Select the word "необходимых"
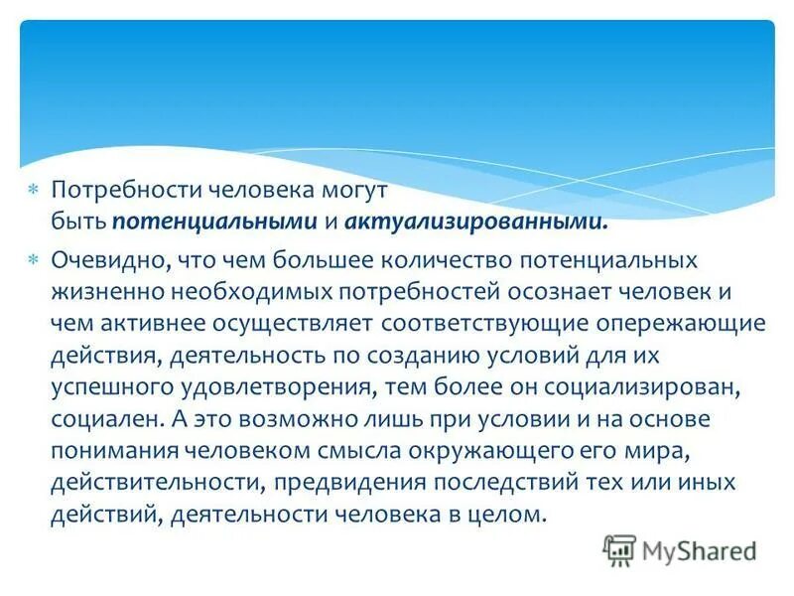coord(227,292)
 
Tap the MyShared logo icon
coord(619,549)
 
